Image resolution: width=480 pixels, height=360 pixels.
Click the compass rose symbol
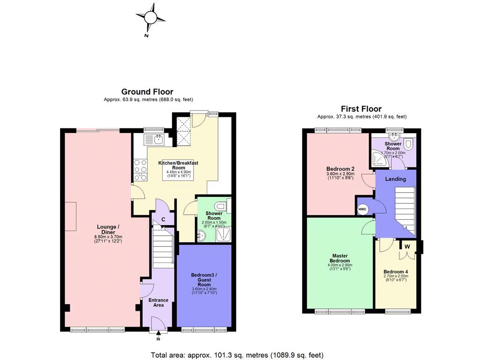(x=150, y=18)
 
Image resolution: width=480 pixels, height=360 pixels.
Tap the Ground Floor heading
(x=147, y=92)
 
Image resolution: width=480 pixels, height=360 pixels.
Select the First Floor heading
(x=361, y=109)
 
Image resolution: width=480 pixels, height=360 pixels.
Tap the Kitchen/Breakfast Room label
(x=178, y=165)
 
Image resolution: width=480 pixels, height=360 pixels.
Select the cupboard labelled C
(x=163, y=219)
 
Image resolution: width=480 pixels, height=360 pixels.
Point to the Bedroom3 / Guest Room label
(x=204, y=279)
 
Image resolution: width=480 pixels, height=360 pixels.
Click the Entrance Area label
(x=158, y=302)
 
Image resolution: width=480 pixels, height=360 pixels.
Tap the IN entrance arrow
(x=158, y=335)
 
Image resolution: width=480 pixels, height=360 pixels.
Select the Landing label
(x=395, y=179)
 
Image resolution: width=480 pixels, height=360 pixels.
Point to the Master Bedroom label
(x=340, y=258)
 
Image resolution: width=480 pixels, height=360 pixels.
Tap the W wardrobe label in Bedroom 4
(x=407, y=246)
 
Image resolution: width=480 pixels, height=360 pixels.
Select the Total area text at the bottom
(x=237, y=355)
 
